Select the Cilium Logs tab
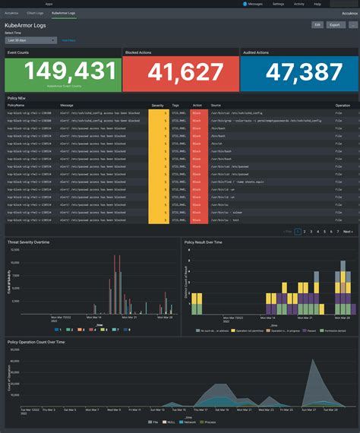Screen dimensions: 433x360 35,14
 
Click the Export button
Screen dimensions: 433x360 336,25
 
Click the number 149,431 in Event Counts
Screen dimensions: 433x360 62,73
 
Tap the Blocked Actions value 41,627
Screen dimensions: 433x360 181,73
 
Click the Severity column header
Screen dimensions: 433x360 158,106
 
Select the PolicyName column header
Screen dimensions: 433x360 17,106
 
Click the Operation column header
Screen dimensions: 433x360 343,106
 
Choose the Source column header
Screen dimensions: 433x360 216,106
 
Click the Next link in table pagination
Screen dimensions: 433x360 347,231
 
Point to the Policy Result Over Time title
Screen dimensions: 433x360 213,242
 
